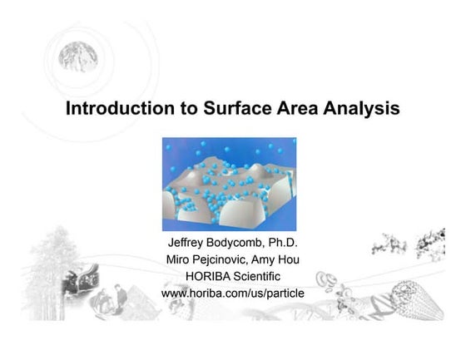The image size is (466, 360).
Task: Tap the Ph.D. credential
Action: coord(286,244)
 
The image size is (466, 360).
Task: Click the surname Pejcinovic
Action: coord(229,260)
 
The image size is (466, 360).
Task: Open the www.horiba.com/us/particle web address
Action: coord(232,293)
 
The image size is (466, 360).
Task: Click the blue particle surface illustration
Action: coord(229,185)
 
